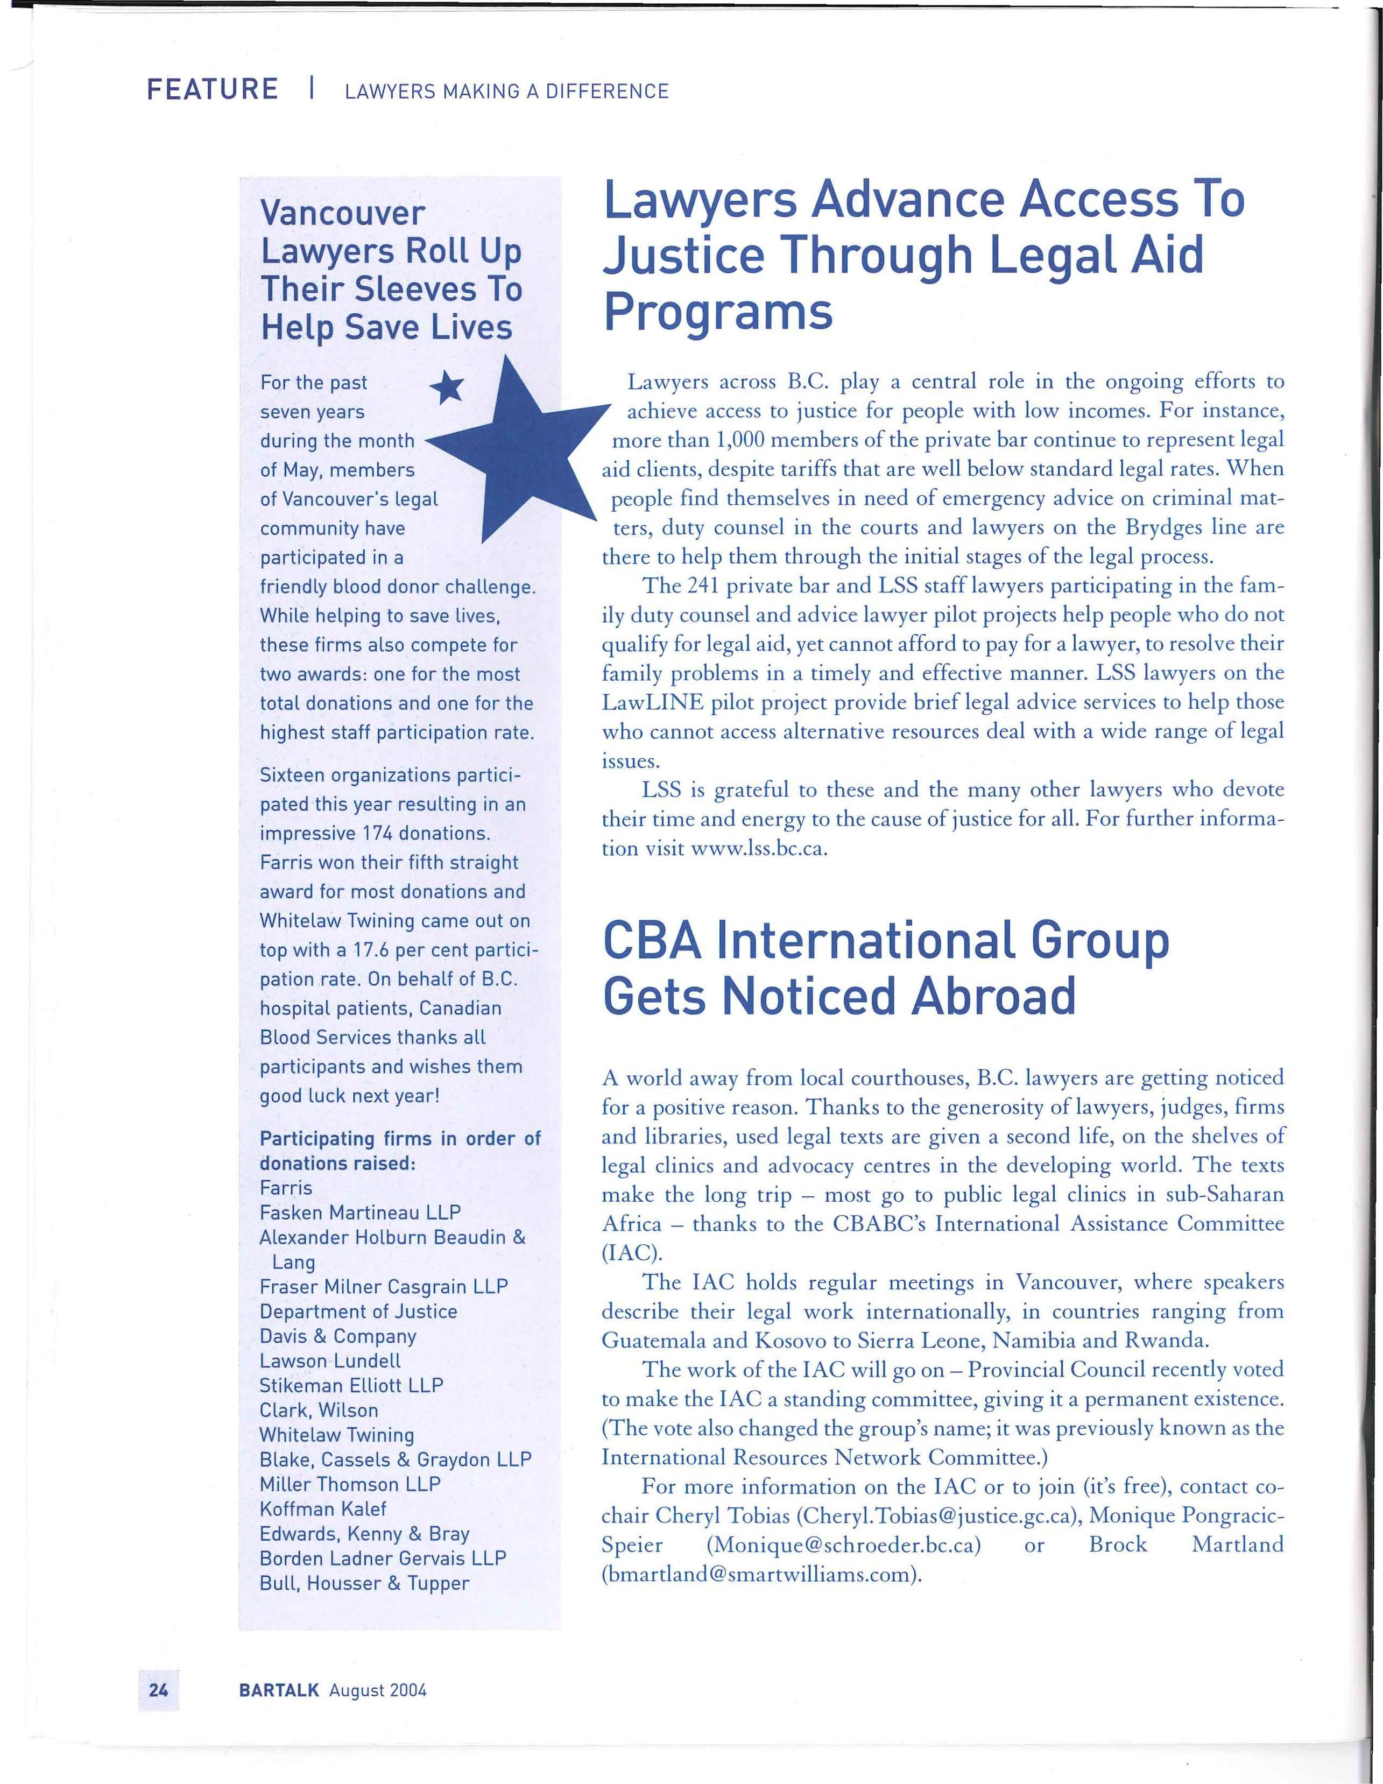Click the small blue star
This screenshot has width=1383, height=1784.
447,387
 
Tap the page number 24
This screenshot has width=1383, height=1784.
158,1689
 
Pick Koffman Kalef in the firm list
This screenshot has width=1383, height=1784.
323,1508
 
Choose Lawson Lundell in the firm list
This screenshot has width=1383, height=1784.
330,1361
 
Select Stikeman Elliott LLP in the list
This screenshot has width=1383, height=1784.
351,1385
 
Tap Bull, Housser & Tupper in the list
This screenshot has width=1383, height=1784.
364,1583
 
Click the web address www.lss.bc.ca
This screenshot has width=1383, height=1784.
759,848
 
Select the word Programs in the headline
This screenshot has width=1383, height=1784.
718,312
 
